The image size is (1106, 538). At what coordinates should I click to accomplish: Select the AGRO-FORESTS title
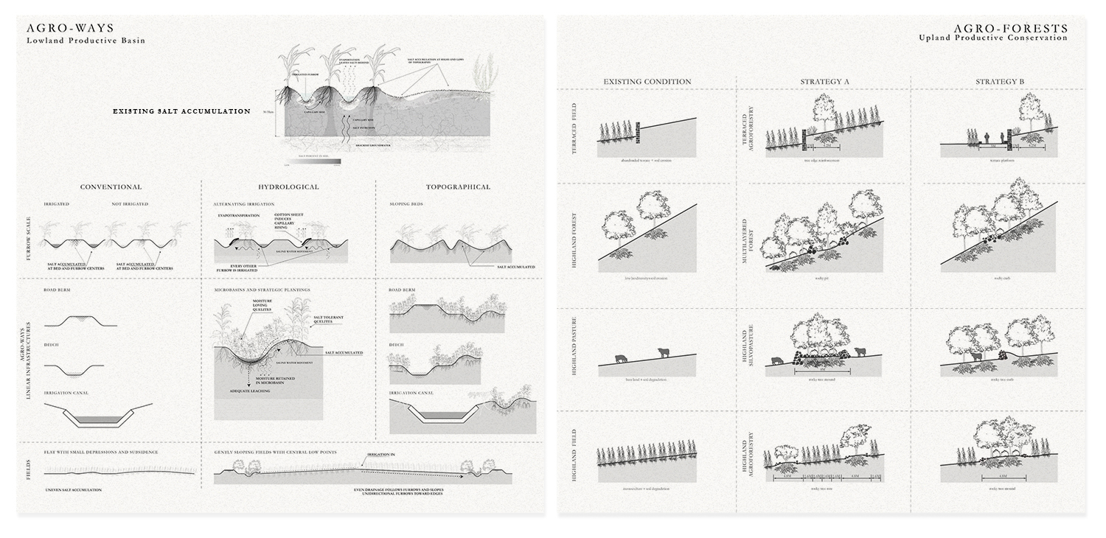click(1010, 28)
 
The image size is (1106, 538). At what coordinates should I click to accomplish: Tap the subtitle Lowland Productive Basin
click(86, 41)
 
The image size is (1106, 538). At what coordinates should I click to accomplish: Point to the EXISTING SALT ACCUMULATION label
click(181, 111)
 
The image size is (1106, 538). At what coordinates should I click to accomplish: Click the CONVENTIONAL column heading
click(111, 187)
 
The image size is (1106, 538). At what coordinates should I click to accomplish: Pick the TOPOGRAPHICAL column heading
click(458, 187)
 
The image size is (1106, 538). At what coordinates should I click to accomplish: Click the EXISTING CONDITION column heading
click(647, 82)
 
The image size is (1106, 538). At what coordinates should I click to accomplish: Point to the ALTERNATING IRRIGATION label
click(244, 203)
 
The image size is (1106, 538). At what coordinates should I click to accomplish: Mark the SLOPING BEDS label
click(406, 203)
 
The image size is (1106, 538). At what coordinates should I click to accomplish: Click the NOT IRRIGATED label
click(130, 203)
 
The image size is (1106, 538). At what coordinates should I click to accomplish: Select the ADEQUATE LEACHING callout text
click(250, 391)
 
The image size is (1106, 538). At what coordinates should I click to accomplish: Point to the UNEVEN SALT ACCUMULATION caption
click(73, 489)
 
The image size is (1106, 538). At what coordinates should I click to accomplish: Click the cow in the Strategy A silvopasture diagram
click(778, 361)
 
